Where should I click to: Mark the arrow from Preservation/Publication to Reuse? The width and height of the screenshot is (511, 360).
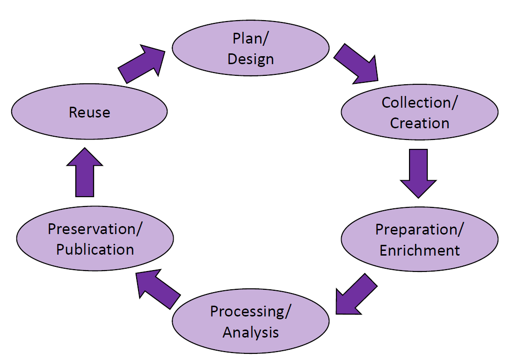pyautogui.click(x=85, y=173)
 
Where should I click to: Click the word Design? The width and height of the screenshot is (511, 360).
pyautogui.click(x=251, y=59)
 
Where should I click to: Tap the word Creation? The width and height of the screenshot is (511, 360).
pyautogui.click(x=420, y=123)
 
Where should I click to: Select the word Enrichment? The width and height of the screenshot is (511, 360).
pyautogui.click(x=420, y=250)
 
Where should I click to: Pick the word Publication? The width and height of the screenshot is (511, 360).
pyautogui.click(x=95, y=249)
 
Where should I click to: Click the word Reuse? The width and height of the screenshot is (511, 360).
pyautogui.click(x=89, y=112)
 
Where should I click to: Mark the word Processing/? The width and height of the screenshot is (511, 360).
pyautogui.click(x=251, y=311)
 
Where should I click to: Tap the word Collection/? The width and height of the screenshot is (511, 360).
pyautogui.click(x=420, y=103)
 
